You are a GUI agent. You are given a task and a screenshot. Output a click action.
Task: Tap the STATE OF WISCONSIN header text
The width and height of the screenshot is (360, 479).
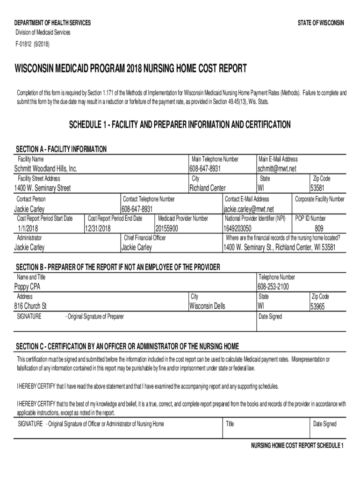tap(321, 23)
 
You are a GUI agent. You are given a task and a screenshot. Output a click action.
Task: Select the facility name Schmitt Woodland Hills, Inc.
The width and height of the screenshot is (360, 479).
tap(46, 168)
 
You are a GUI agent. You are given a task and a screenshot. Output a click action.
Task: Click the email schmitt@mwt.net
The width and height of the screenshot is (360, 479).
tap(277, 168)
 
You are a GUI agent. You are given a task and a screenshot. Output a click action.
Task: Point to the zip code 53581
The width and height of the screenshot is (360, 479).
tap(317, 189)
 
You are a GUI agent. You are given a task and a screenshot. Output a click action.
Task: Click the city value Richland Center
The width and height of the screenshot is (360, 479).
tap(207, 189)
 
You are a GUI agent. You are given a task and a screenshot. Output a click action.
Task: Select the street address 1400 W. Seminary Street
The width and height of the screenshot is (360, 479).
tap(43, 189)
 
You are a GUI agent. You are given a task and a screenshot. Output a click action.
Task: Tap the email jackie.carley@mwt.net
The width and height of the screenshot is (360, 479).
tap(249, 209)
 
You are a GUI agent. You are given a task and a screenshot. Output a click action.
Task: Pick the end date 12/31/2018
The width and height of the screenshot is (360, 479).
tap(98, 228)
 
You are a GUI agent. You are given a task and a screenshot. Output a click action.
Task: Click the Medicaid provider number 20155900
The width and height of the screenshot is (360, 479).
tap(167, 228)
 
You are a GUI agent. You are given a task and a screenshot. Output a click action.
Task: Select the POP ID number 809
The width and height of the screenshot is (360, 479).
tap(319, 228)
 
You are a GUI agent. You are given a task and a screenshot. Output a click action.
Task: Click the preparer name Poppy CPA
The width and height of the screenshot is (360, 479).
tap(28, 287)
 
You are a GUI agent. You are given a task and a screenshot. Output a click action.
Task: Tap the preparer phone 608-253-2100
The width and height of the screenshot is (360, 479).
tap(273, 287)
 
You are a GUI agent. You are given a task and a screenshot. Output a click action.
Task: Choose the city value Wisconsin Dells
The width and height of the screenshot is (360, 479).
tap(207, 306)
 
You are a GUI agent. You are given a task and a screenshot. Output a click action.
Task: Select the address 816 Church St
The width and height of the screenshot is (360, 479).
tap(31, 306)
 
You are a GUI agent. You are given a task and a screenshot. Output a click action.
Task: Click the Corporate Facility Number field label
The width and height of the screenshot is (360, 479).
tap(320, 199)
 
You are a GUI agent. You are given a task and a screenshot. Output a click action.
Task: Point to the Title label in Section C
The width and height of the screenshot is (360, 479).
tap(230, 424)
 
